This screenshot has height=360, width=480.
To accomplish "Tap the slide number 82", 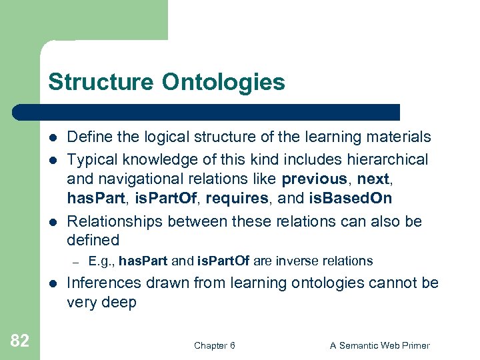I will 20,341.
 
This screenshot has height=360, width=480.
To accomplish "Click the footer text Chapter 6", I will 214,345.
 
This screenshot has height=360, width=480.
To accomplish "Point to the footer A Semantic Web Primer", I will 380,345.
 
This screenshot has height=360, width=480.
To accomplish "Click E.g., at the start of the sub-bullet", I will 101,261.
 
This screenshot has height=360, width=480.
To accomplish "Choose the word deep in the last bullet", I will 120,303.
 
